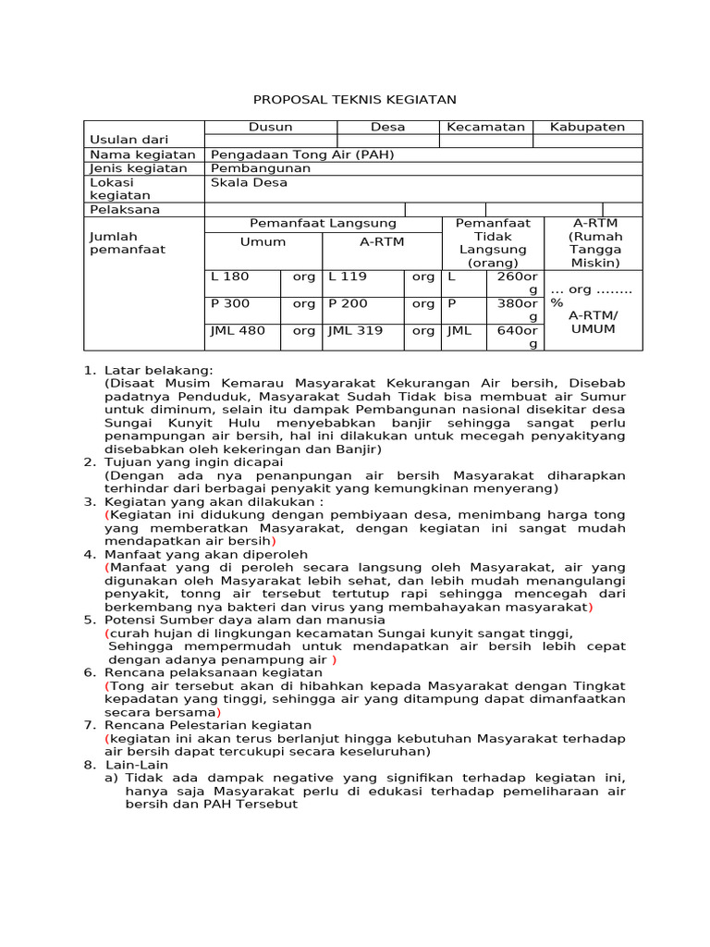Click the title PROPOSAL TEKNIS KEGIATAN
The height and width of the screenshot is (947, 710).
(x=355, y=99)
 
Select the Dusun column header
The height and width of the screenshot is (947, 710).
(x=270, y=127)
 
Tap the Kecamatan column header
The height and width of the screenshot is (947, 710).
(x=485, y=127)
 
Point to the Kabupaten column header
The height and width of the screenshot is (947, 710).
(x=587, y=127)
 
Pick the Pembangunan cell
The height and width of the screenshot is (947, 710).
(x=261, y=168)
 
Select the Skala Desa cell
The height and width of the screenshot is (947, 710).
(x=249, y=182)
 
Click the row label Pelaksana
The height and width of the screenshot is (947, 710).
(x=124, y=209)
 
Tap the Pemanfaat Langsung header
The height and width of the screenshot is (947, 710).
(x=323, y=223)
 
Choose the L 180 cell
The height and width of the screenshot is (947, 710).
(x=231, y=277)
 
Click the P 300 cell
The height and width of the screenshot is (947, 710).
(x=231, y=303)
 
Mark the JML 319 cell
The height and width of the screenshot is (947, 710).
(x=356, y=330)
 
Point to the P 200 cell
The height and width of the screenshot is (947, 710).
(x=348, y=303)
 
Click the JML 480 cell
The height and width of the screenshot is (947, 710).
(x=239, y=330)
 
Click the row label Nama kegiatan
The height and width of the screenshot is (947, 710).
(x=142, y=154)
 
